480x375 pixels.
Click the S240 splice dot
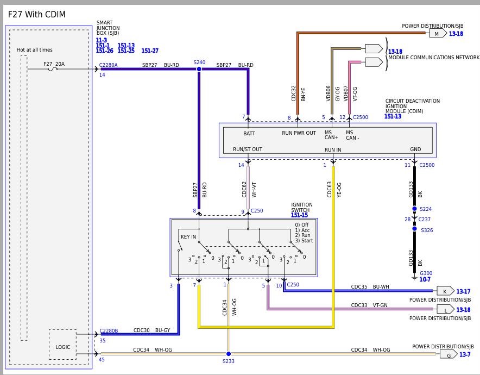pos(199,69)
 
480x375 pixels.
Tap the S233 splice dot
pos(229,354)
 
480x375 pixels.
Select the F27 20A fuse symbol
pos(53,69)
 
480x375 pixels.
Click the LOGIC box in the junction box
pos(63,345)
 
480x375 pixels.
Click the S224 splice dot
pos(414,209)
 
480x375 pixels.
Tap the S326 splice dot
pos(414,229)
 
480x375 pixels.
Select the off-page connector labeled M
pos(438,33)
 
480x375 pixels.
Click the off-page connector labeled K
pos(445,291)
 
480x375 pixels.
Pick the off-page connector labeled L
pos(445,309)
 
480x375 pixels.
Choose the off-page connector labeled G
pos(449,354)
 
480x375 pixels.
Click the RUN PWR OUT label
pos(299,133)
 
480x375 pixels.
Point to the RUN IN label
pos(333,150)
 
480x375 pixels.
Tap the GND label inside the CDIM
pos(415,149)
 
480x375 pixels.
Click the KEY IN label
pos(188,237)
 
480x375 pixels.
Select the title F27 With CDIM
pos(37,14)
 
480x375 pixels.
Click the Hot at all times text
pos(35,50)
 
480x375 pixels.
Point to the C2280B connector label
pos(109,331)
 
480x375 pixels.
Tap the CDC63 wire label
pos(330,190)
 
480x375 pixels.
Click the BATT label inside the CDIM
pos(249,134)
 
